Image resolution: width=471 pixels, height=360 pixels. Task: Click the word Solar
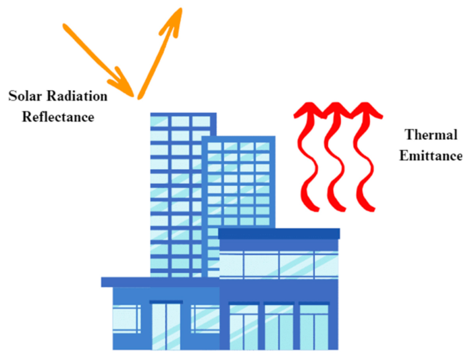click(26, 96)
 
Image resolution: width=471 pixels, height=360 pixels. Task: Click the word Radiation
click(77, 96)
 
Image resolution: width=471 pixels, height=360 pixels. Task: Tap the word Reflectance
click(58, 117)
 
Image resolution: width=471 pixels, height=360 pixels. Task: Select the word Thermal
click(431, 135)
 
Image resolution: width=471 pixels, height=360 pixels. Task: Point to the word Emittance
click(431, 156)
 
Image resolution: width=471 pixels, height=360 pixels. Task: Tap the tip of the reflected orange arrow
click(181, 9)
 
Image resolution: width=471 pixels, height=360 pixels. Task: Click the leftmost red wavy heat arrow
click(307, 157)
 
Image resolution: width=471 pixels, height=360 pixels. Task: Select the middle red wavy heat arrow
click(335, 157)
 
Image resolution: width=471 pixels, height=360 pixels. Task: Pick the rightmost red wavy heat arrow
click(366, 157)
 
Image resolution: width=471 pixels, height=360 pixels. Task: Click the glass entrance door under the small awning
click(166, 327)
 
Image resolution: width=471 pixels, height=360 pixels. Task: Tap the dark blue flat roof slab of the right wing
click(279, 234)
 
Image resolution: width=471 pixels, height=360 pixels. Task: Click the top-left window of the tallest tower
click(159, 121)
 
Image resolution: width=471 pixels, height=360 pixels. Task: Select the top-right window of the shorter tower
click(262, 146)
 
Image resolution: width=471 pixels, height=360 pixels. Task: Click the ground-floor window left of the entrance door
click(126, 319)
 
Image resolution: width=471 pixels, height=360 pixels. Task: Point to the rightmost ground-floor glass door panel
click(314, 327)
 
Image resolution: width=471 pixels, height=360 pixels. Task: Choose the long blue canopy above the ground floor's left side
click(161, 282)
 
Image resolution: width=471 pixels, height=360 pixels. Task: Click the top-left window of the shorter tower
click(215, 146)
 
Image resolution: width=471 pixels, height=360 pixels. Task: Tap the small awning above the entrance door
click(166, 302)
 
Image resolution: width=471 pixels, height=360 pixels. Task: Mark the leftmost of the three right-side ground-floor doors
click(243, 327)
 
